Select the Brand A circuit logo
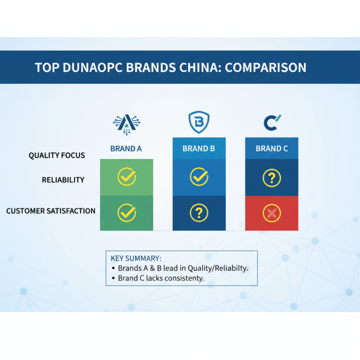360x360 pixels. [126, 122]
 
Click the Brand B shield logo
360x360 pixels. [198, 122]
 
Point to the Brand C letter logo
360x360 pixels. [272, 122]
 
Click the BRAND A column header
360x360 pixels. [126, 148]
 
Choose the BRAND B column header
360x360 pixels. [198, 148]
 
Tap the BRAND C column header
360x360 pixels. [272, 148]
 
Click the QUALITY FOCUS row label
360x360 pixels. [57, 156]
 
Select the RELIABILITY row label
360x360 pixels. [63, 180]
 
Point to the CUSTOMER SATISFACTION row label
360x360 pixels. [51, 211]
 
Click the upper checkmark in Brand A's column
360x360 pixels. [126, 177]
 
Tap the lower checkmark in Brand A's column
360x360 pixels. [126, 212]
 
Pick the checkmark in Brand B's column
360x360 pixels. [199, 177]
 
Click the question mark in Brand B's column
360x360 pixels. [199, 212]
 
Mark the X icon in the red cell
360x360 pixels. [272, 213]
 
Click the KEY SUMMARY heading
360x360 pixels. [136, 258]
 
